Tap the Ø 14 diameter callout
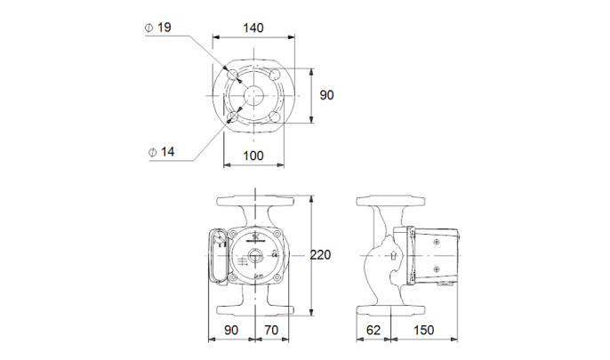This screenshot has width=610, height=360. click(x=160, y=151)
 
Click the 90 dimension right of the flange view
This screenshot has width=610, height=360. click(x=326, y=94)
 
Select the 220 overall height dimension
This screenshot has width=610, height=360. click(x=319, y=255)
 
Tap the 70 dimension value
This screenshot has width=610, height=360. click(x=273, y=331)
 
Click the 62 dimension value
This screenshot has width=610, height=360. click(x=373, y=331)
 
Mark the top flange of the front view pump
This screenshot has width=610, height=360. click(x=255, y=198)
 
